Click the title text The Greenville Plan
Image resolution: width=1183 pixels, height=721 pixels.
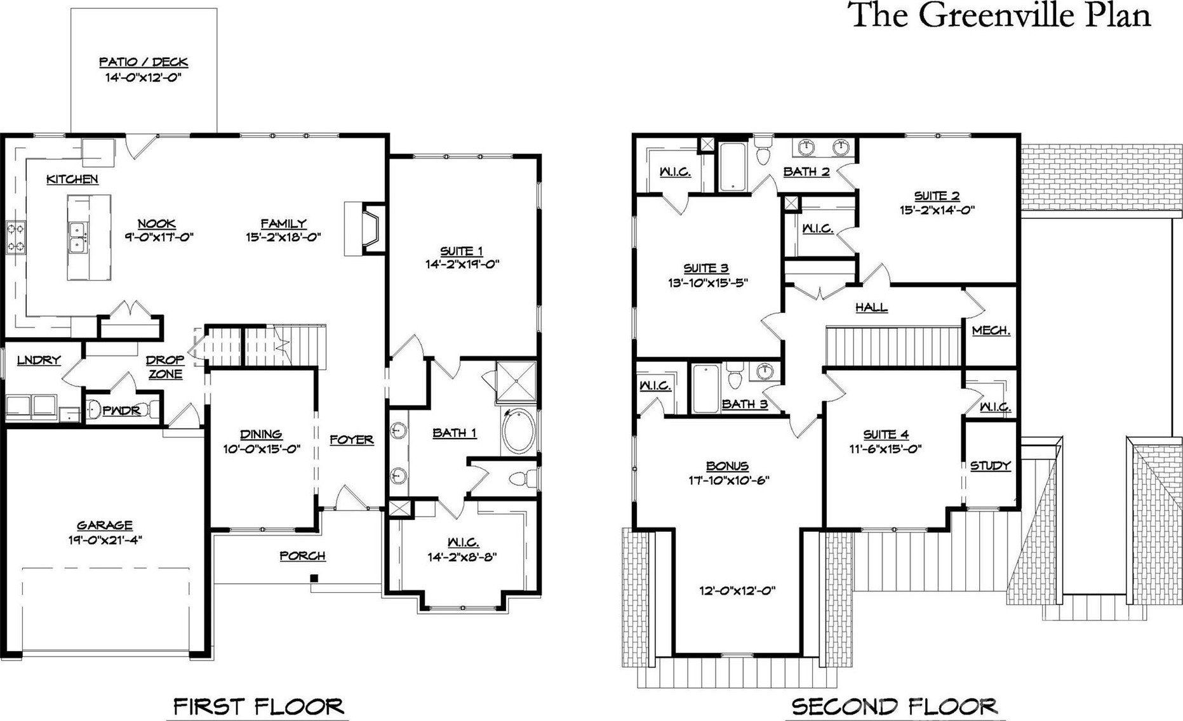[1001, 15]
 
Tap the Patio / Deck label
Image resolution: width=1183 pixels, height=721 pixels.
[144, 62]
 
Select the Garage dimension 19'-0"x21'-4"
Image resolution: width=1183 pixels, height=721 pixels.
[105, 541]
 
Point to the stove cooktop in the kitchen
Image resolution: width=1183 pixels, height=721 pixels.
[15, 237]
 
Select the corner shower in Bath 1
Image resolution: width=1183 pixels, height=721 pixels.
[516, 381]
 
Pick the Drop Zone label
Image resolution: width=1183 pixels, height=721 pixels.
[165, 367]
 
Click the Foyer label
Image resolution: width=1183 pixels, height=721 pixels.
[351, 439]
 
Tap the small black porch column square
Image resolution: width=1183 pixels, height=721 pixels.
[314, 578]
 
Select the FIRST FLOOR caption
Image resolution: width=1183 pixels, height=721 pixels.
[258, 706]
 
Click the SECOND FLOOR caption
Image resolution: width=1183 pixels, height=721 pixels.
[894, 706]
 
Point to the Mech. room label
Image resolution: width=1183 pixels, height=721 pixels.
[991, 331]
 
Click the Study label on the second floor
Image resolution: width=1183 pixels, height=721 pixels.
[990, 466]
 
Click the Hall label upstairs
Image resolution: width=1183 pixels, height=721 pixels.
[871, 307]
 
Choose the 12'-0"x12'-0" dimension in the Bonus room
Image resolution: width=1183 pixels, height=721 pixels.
[736, 590]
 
